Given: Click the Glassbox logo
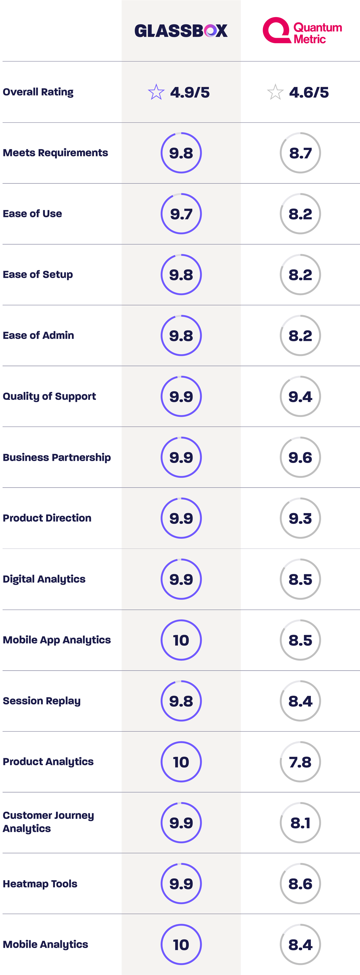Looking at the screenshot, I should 181,31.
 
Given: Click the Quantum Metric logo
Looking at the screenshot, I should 302,30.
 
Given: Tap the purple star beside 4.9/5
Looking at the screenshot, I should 156,92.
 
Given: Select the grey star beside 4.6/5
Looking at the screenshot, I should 275,92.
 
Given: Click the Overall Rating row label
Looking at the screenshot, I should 38,92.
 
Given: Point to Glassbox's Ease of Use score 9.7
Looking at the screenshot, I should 181,214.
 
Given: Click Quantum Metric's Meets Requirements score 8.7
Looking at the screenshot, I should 300,153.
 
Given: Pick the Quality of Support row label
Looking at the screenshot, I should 49,396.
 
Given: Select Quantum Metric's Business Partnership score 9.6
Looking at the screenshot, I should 300,457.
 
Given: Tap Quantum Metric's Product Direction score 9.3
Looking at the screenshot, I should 300,518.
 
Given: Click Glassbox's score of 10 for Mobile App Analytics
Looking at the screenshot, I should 181,640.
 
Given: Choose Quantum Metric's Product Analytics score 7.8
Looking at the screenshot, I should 300,762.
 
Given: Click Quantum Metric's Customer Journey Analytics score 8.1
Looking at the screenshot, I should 300,823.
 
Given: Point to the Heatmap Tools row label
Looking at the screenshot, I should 40,884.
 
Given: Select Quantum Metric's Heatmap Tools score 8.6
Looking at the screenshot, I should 300,884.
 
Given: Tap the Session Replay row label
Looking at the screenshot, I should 42,701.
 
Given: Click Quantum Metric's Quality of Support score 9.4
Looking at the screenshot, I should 300,396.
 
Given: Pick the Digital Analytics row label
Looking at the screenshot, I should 44,579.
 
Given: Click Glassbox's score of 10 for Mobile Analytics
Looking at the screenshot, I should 181,945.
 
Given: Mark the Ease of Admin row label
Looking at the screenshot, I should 38,335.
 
